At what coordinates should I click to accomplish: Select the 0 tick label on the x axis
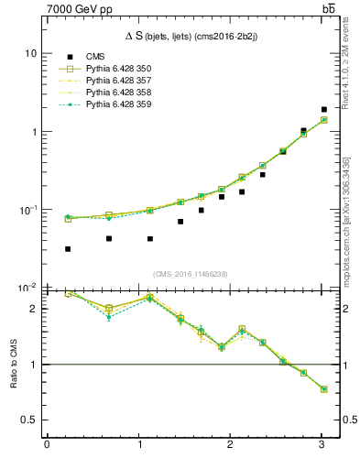click(47, 445)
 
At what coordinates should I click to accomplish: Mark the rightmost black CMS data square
click(324, 110)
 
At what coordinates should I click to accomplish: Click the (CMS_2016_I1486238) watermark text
click(191, 274)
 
